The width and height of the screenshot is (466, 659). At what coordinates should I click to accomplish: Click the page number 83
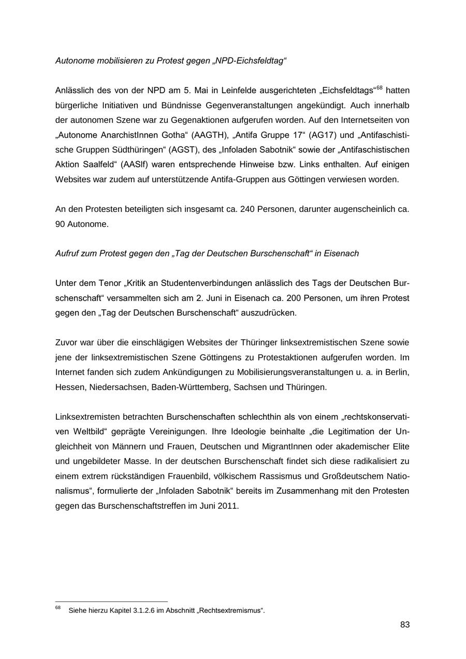pyautogui.click(x=404, y=625)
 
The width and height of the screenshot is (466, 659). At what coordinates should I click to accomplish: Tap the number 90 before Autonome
pyautogui.click(x=60, y=224)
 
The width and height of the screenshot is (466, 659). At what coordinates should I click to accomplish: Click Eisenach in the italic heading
pyautogui.click(x=342, y=254)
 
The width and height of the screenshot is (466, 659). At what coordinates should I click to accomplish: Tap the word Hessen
pyautogui.click(x=70, y=387)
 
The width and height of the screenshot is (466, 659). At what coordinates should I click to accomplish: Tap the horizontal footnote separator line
pyautogui.click(x=111, y=602)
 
